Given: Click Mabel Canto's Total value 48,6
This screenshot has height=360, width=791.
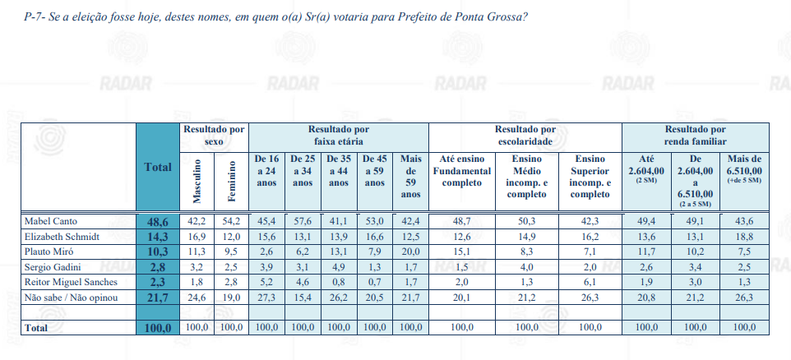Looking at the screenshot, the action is pyautogui.click(x=158, y=221).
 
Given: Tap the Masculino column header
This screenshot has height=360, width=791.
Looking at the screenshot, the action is pyautogui.click(x=197, y=181).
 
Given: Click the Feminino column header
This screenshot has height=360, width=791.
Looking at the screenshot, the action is pyautogui.click(x=232, y=182).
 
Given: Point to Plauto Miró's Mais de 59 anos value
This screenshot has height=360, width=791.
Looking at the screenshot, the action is pyautogui.click(x=410, y=252).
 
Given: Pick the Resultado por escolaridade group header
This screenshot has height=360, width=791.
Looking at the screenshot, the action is pyautogui.click(x=525, y=136).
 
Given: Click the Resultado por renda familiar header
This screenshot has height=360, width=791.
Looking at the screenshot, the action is pyautogui.click(x=695, y=136).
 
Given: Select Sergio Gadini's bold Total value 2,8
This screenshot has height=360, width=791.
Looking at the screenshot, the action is pyautogui.click(x=158, y=267).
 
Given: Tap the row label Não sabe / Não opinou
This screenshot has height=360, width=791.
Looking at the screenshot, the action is pyautogui.click(x=72, y=298).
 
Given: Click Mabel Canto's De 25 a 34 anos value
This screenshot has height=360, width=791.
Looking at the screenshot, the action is pyautogui.click(x=303, y=221).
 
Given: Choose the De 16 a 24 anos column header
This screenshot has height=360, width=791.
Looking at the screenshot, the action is pyautogui.click(x=267, y=170).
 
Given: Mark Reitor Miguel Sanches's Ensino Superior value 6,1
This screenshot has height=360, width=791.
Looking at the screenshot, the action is pyautogui.click(x=590, y=283).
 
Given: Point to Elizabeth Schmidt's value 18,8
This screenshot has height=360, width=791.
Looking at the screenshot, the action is pyautogui.click(x=744, y=237).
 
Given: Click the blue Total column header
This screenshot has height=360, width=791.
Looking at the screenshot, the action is pyautogui.click(x=158, y=168).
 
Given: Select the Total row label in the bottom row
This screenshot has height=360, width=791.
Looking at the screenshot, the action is pyautogui.click(x=36, y=328).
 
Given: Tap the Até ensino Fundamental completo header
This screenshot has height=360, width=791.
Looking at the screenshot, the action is pyautogui.click(x=461, y=170).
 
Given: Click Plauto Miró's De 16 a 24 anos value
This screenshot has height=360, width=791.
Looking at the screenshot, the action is pyautogui.click(x=267, y=252).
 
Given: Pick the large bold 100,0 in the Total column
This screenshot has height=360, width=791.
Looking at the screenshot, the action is pyautogui.click(x=158, y=328).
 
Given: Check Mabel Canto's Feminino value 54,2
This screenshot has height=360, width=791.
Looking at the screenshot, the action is pyautogui.click(x=232, y=221).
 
